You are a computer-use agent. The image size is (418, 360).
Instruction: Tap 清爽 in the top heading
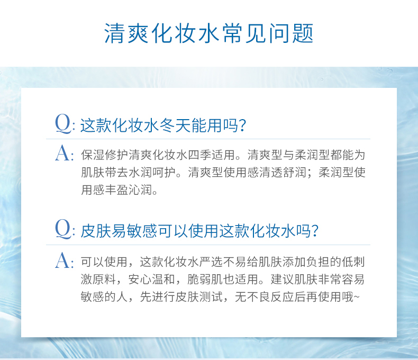(126, 33)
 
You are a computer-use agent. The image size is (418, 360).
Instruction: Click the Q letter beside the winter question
(63, 124)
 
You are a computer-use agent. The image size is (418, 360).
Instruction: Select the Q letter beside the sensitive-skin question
(63, 229)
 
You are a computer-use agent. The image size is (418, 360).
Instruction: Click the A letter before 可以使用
(62, 260)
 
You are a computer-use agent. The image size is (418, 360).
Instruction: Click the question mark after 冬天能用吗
(242, 125)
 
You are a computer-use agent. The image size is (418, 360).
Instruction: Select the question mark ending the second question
(315, 231)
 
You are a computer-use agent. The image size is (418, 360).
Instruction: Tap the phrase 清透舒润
(283, 172)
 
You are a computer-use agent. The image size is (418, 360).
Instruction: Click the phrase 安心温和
(152, 280)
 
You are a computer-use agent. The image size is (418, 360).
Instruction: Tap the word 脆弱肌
(205, 280)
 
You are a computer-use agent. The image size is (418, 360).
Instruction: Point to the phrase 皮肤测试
(199, 296)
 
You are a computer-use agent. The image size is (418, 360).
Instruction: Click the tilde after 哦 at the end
(357, 297)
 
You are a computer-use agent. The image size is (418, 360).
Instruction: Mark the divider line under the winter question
(208, 139)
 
